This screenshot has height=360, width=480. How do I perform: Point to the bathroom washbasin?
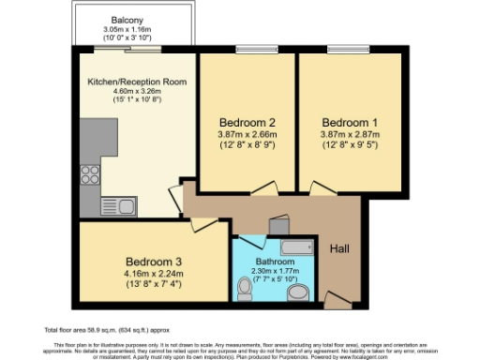298,294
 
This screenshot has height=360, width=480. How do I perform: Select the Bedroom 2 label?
247,123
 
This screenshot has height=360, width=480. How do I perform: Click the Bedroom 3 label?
154,262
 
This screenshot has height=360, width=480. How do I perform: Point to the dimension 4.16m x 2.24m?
154,274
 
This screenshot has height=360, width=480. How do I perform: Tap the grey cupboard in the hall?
277,224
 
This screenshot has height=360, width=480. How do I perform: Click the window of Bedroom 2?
249,50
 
